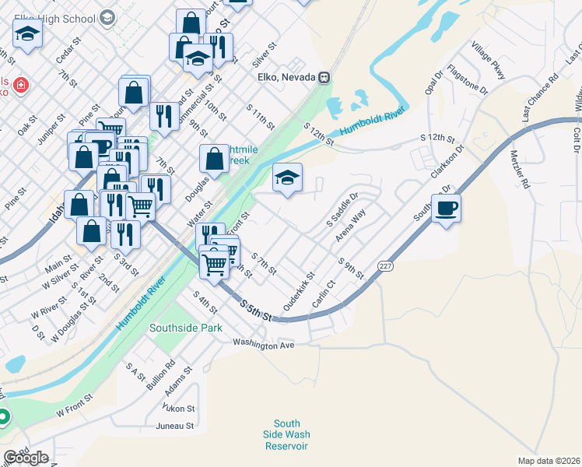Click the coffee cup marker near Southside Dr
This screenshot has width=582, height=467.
pos(447,209)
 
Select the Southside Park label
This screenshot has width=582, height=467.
pos(186,328)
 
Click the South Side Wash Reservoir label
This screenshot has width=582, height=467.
pos(286,434)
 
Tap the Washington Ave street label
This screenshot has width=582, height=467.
pos(264,343)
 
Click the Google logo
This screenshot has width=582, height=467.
pos(26,457)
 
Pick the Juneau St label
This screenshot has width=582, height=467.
pos(174,426)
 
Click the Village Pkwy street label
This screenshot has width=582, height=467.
pos(488,62)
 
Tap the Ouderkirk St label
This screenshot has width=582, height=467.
pos(299,292)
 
